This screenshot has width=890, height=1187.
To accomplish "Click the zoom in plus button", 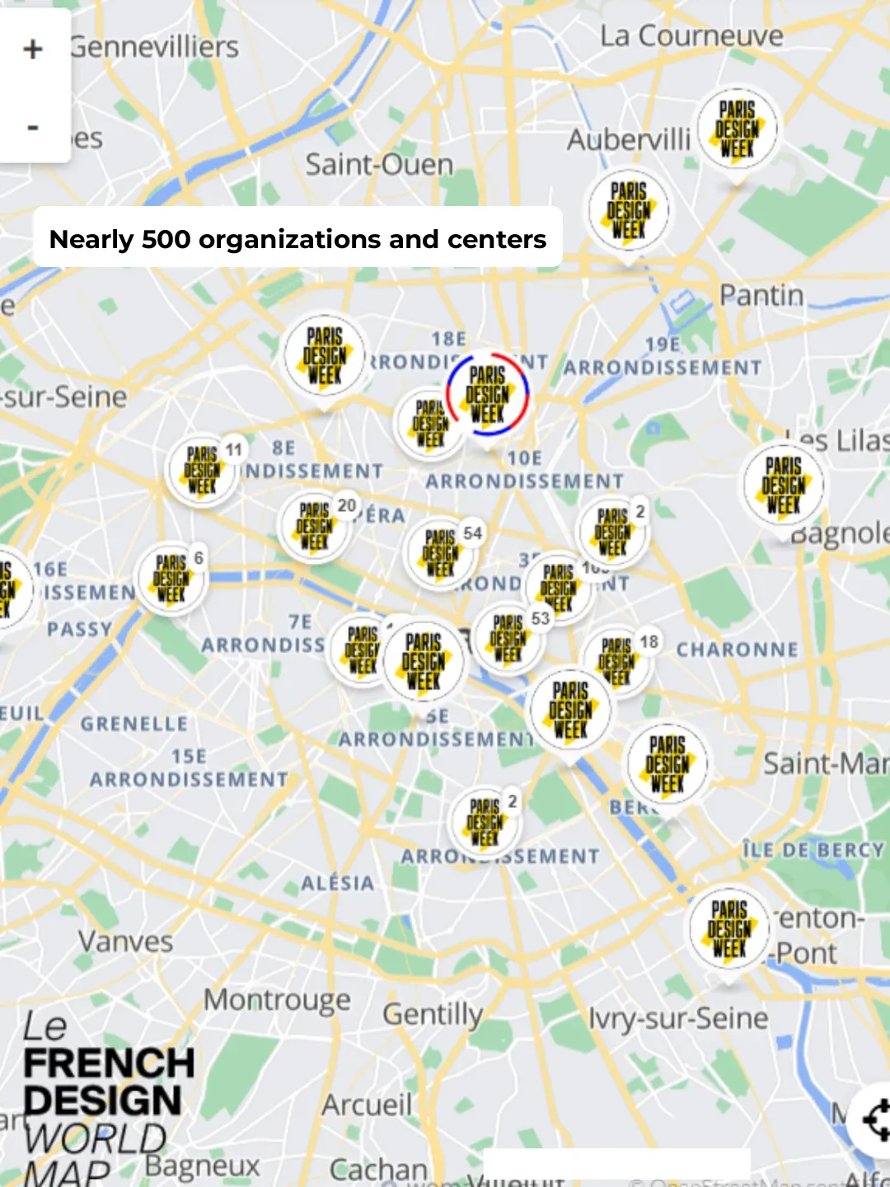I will click(x=33, y=49).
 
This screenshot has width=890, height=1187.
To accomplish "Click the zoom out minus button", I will click(x=33, y=128).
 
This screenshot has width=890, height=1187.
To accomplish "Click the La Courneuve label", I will click(x=691, y=36).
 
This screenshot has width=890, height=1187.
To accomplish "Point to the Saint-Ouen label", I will click(x=379, y=165).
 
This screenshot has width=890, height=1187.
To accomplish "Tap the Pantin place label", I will click(x=761, y=295).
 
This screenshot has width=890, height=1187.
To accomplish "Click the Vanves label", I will click(x=125, y=941).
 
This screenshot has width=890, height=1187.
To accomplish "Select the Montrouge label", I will click(x=277, y=1000).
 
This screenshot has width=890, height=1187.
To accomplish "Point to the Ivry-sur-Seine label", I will click(x=677, y=1019).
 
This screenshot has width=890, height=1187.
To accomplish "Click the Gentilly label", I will click(x=433, y=1014).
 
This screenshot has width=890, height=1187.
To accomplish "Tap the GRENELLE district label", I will click(x=134, y=724).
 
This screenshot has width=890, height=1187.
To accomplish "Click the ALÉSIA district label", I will click(x=337, y=883).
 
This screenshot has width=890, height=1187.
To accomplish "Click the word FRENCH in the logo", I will click(x=109, y=1063).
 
